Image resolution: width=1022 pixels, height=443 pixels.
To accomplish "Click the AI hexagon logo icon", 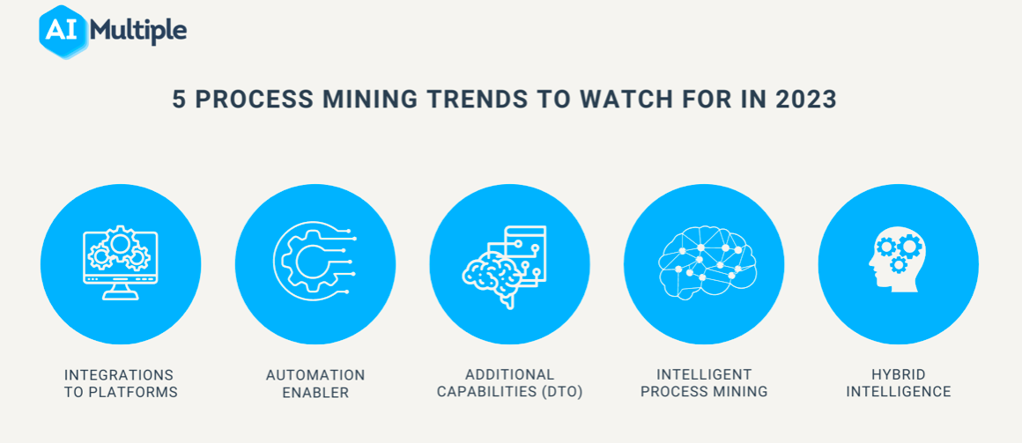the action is (x=63, y=32).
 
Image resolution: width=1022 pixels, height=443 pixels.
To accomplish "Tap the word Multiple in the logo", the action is (x=139, y=32).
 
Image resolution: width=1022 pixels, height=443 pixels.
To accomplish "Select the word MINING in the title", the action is (x=374, y=100).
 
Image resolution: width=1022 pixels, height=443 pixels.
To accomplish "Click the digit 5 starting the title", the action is (x=179, y=100).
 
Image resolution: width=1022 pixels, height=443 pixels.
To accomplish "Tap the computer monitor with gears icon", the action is (x=121, y=262).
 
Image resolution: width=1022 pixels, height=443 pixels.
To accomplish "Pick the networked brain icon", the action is (x=704, y=262).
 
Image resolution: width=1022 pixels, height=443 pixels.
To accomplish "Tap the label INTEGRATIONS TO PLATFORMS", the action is (x=121, y=384).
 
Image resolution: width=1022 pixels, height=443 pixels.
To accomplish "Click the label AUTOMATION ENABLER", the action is (x=315, y=384).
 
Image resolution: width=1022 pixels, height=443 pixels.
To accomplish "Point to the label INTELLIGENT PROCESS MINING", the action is (x=704, y=384).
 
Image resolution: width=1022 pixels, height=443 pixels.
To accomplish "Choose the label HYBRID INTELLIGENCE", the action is (x=898, y=384).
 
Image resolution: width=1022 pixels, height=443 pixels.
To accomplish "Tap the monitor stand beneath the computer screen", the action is (x=121, y=292).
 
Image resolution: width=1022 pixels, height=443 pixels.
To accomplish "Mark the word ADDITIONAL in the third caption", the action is (x=510, y=375).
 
